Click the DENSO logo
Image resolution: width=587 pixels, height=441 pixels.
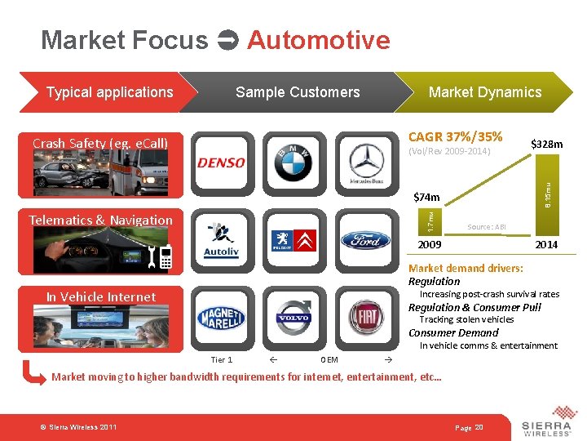click(221, 163)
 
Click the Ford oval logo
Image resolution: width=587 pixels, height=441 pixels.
click(364, 240)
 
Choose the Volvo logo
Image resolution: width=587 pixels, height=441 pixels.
click(293, 317)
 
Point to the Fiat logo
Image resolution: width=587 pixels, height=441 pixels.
click(365, 318)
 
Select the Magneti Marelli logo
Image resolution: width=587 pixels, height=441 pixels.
click(221, 318)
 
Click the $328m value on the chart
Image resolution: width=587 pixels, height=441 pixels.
click(546, 145)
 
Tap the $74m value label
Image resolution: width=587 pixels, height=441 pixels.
click(426, 197)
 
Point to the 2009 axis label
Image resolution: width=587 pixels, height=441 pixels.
click(430, 245)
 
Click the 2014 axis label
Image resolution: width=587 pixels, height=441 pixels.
click(545, 245)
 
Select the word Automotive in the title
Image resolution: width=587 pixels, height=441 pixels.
click(318, 40)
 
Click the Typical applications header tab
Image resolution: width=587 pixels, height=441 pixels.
click(109, 92)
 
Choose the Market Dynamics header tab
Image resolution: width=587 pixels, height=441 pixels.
click(484, 92)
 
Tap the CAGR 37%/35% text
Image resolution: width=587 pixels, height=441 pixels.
click(455, 136)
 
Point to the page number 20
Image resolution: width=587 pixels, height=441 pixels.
click(479, 428)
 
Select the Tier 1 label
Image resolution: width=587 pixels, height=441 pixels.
click(221, 359)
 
